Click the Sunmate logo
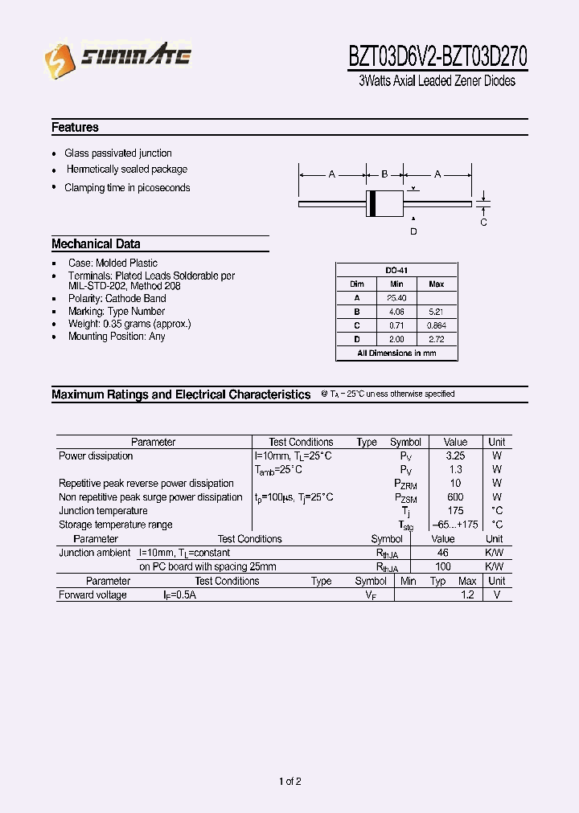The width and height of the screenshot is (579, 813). tap(117, 58)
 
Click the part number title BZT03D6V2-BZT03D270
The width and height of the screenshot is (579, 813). tap(437, 57)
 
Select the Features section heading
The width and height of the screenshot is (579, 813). tap(75, 127)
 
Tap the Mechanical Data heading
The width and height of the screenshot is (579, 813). tap(96, 243)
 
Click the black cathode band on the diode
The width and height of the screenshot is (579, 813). tap(372, 204)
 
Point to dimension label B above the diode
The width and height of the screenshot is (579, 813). tap(384, 174)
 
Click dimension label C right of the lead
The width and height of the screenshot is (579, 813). tap(483, 223)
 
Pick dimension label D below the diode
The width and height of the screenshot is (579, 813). tap(413, 232)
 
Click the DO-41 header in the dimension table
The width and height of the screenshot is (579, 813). tap(396, 271)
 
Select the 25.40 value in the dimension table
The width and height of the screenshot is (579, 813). tap(396, 298)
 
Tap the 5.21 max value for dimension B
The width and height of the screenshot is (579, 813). tap(436, 312)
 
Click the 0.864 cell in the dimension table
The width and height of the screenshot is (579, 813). tap(436, 325)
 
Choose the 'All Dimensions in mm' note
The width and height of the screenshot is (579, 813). tap(396, 353)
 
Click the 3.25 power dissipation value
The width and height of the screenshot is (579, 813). tap(454, 456)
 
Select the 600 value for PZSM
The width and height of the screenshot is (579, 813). tap(454, 497)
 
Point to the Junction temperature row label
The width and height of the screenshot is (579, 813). tap(103, 511)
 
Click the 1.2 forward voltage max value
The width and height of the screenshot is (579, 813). tap(467, 595)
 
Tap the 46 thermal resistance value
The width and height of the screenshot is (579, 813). tap(442, 553)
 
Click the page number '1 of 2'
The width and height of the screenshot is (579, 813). tap(289, 781)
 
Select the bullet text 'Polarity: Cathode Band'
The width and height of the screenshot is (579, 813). tap(117, 299)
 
